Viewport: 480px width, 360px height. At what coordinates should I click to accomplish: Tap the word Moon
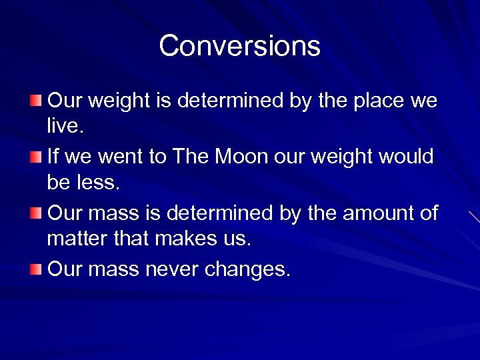245,157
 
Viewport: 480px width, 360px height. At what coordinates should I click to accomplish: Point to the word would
406,157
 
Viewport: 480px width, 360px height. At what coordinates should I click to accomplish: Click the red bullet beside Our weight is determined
36,101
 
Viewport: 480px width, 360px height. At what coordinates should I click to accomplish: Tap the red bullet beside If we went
36,157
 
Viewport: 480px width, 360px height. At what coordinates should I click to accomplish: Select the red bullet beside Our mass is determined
36,213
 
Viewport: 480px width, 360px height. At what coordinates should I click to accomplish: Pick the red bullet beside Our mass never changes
36,269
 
